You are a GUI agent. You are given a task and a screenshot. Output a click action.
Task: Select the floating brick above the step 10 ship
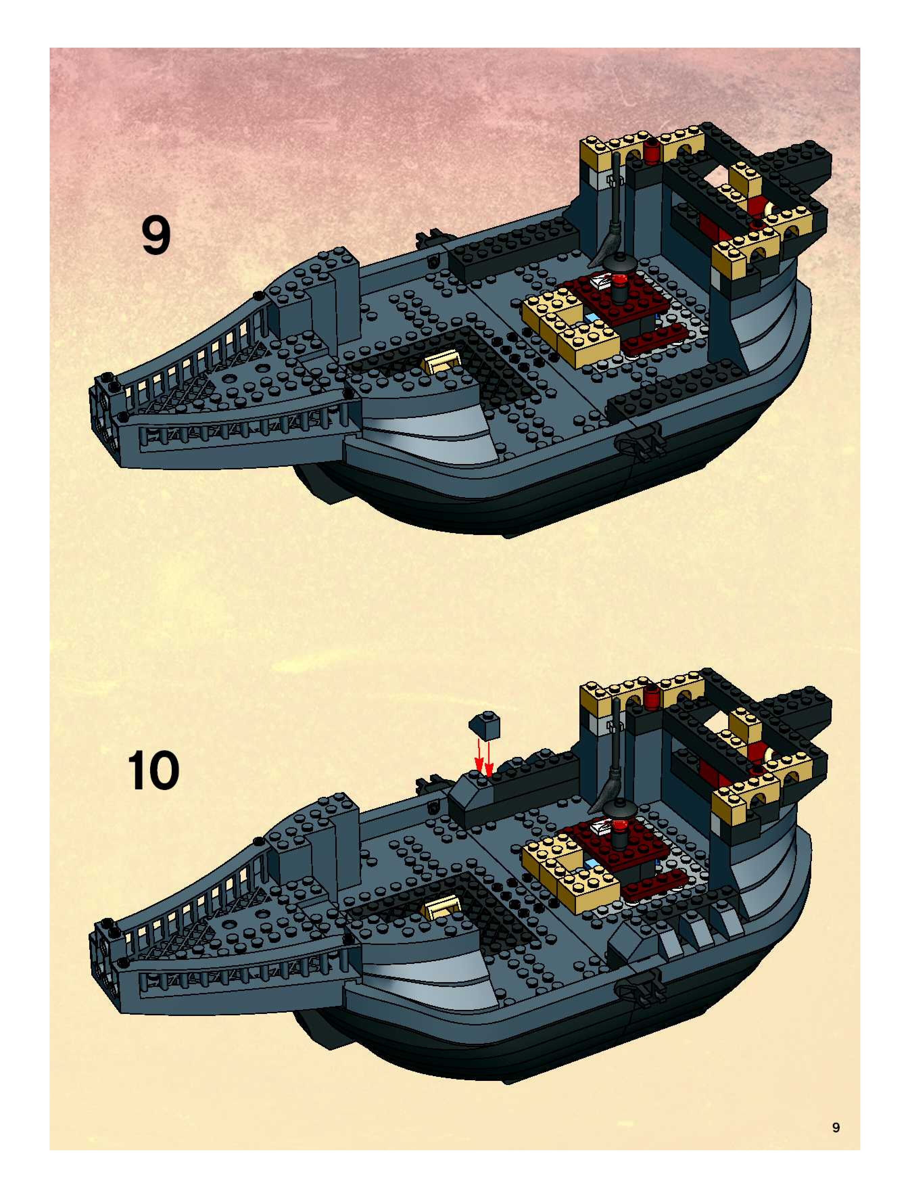tap(484, 726)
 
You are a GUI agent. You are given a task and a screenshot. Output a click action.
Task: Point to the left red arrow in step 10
tap(479, 756)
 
